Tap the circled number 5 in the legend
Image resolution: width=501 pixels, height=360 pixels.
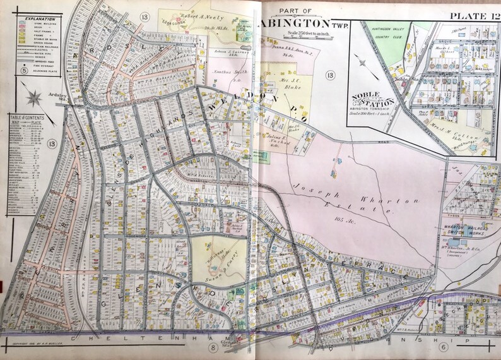pyautogui.click(x=23, y=71)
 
